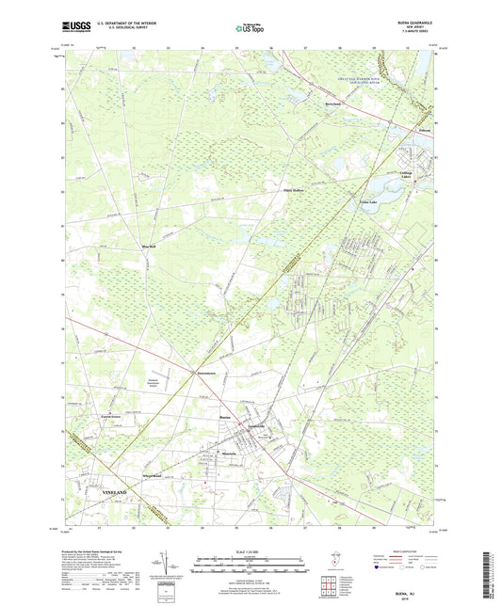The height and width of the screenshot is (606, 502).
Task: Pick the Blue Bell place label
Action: point(149,247)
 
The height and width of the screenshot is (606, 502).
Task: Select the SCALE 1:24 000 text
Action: point(250,553)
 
